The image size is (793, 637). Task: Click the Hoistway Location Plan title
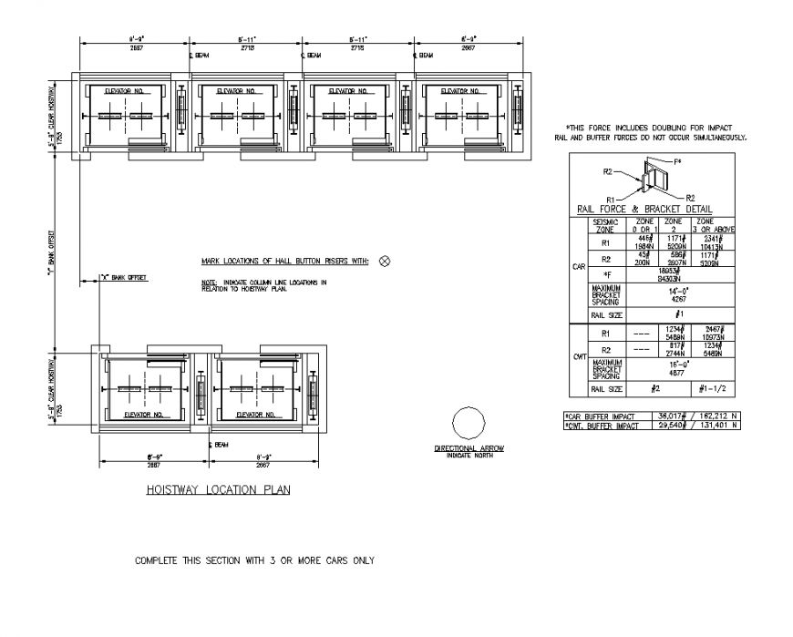pyautogui.click(x=218, y=489)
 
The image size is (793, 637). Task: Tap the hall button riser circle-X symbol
pyautogui.click(x=384, y=262)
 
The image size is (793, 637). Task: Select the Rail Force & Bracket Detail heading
pyautogui.click(x=644, y=210)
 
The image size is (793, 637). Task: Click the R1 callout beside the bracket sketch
pyautogui.click(x=613, y=199)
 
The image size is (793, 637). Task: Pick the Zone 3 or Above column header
pyautogui.click(x=705, y=225)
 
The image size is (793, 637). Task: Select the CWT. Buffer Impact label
pyautogui.click(x=603, y=425)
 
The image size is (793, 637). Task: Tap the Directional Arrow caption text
pyautogui.click(x=469, y=449)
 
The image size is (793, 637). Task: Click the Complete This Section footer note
pyautogui.click(x=254, y=560)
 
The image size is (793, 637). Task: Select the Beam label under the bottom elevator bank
pyautogui.click(x=219, y=446)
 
